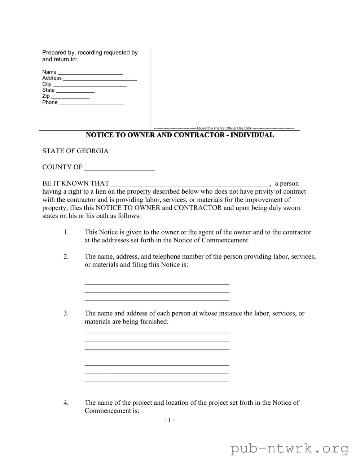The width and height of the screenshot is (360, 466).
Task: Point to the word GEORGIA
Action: coord(92,151)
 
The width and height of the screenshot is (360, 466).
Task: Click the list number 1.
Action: coord(66,232)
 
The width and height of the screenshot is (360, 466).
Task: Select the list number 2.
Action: coord(66,256)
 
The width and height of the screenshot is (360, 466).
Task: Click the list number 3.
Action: coord(66,313)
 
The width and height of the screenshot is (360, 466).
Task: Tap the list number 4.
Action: coord(66,403)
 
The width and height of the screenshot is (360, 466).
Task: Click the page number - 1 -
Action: coord(169,421)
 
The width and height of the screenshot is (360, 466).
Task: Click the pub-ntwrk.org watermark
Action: coord(290,449)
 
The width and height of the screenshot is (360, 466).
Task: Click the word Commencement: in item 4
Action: coord(112,411)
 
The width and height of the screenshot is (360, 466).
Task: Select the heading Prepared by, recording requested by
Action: coord(90,53)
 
